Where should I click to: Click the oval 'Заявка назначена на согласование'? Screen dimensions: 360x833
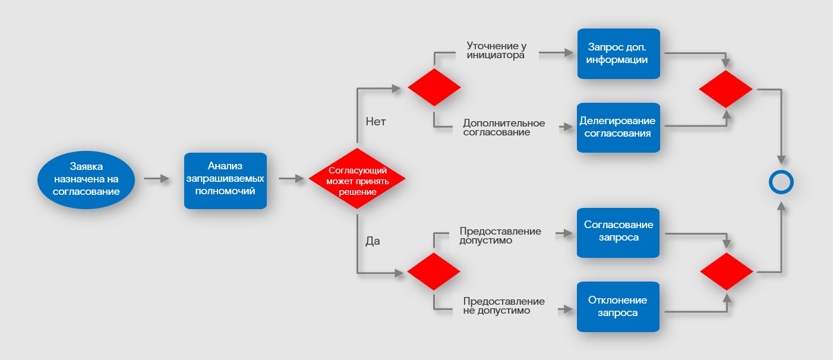click(x=86, y=179)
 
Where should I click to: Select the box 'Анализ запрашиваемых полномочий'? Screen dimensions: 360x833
click(x=225, y=181)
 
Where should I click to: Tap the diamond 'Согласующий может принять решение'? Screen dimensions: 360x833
click(x=357, y=179)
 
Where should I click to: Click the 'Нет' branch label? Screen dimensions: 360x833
click(x=376, y=122)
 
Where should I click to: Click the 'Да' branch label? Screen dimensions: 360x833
click(x=373, y=242)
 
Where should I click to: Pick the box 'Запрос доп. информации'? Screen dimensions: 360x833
click(x=618, y=53)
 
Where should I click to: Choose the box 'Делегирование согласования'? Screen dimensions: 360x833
click(x=618, y=127)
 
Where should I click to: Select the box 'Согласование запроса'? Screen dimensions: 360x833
click(x=618, y=232)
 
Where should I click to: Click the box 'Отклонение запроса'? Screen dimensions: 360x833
click(x=618, y=306)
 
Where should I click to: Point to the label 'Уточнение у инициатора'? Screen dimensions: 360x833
click(x=496, y=50)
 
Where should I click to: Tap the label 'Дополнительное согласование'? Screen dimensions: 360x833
click(x=504, y=128)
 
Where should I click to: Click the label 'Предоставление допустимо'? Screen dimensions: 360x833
click(x=500, y=236)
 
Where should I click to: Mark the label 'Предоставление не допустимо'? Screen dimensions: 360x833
click(x=504, y=306)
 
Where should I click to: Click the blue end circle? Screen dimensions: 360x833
click(x=781, y=182)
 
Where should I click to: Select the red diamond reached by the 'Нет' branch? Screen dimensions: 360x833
click(x=434, y=87)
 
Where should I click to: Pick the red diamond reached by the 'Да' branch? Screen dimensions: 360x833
click(x=434, y=271)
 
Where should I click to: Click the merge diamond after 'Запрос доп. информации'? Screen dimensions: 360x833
click(x=726, y=89)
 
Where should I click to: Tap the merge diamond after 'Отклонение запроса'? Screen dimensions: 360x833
click(x=727, y=271)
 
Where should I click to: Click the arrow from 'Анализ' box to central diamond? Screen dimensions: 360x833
click(x=291, y=178)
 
